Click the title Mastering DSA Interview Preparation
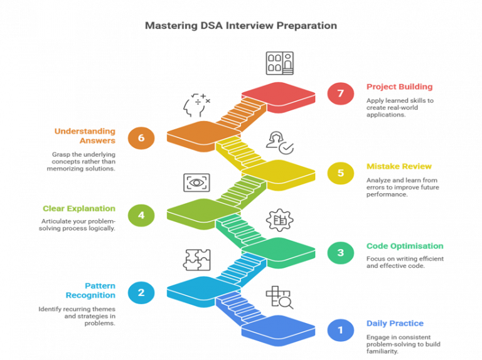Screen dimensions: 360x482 coord(241,26)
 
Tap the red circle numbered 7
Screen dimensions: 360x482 coord(340,93)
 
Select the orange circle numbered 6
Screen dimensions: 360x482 coord(141,138)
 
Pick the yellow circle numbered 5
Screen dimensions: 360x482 coord(340,173)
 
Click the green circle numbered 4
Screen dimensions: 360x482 coord(141,215)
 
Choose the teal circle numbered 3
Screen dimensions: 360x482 coord(340,253)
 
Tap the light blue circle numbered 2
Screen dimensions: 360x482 coord(141,292)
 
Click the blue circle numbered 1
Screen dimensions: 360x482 coord(340,330)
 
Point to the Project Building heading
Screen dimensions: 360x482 coord(399,87)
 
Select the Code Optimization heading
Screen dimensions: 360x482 coord(405,246)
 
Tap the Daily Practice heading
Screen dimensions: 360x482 coord(395,324)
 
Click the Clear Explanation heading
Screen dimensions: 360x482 coord(79,208)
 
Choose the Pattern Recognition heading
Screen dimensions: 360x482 coord(90,290)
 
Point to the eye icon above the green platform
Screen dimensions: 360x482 coord(196,183)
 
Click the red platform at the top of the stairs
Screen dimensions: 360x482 coord(279,94)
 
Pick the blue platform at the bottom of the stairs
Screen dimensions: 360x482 coord(279,329)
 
